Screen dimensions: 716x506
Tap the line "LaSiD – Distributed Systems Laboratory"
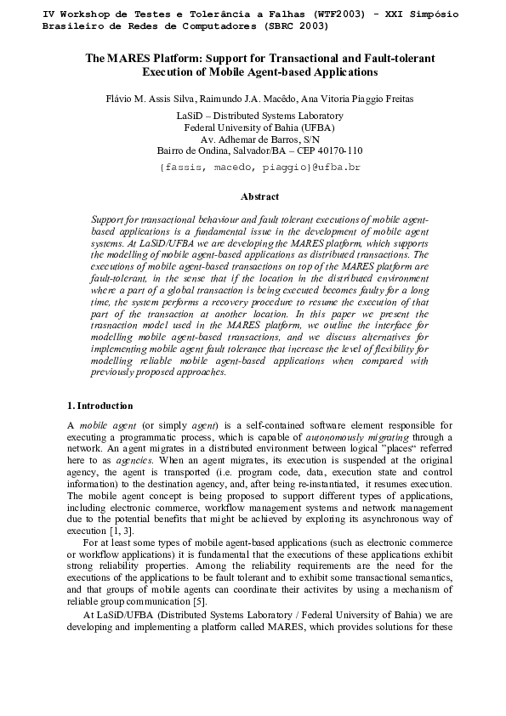pyautogui.click(x=259, y=116)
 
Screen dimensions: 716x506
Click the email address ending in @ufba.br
pyautogui.click(x=259, y=168)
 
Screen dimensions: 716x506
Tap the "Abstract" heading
pyautogui.click(x=259, y=196)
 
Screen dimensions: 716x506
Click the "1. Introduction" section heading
pyautogui.click(x=99, y=406)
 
